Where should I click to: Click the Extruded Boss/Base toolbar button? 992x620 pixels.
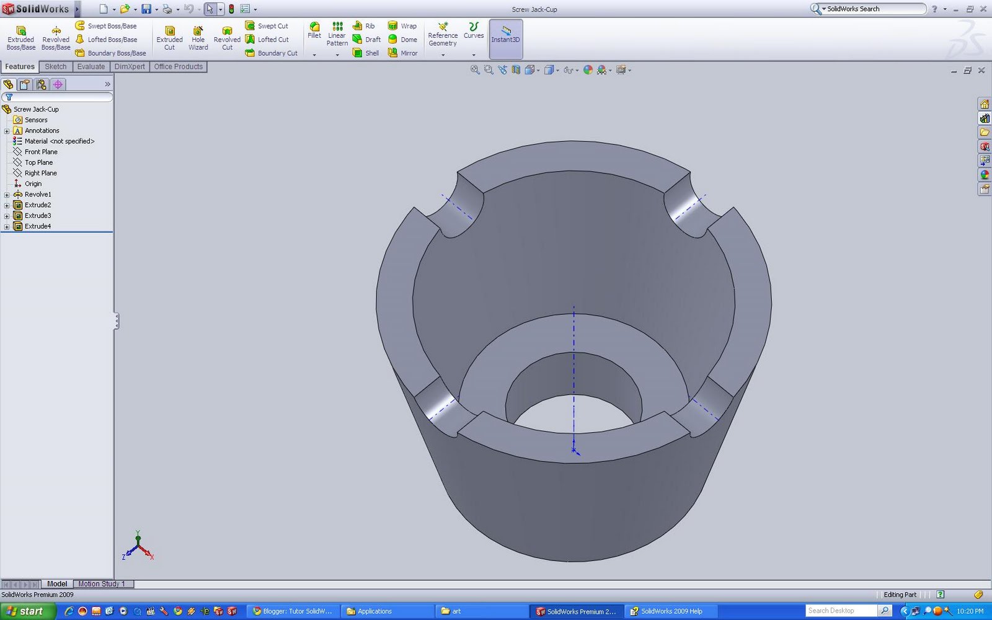pos(20,37)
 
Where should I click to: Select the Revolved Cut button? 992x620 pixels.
pos(227,37)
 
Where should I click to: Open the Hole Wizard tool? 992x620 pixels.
pos(198,37)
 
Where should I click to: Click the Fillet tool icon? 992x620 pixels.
pos(314,30)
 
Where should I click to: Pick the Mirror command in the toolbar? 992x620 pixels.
pos(402,53)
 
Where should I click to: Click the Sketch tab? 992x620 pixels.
pos(55,67)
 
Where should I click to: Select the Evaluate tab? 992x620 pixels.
pos(91,67)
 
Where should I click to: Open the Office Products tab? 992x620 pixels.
pos(178,67)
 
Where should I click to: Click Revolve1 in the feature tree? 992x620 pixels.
pos(38,195)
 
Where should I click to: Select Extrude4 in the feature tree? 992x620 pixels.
pos(38,226)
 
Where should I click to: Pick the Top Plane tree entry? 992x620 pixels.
pos(38,162)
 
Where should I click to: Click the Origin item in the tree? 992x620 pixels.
pos(33,184)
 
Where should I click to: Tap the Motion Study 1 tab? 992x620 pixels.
pos(101,584)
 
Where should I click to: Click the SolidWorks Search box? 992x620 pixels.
pos(874,9)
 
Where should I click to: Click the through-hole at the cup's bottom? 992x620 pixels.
pos(573,412)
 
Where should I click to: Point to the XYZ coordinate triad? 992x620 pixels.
pos(138,546)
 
